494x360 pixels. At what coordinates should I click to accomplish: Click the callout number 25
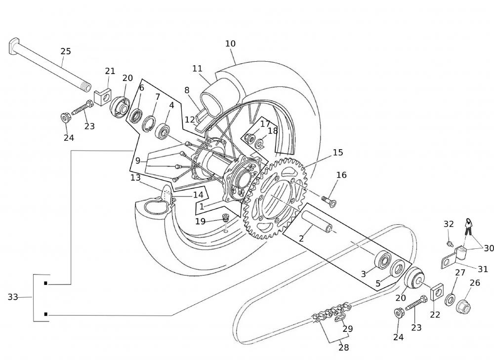click(66, 51)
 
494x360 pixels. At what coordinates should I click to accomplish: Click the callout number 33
click(13, 297)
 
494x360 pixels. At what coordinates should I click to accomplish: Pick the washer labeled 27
click(451, 299)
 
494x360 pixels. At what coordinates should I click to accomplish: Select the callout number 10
click(230, 43)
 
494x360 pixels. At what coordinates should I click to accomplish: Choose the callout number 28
click(344, 347)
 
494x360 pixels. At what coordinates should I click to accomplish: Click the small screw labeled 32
click(450, 243)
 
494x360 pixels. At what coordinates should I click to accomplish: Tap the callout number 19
click(200, 221)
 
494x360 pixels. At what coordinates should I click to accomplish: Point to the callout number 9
click(138, 160)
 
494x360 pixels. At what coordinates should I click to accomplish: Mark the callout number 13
click(136, 177)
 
